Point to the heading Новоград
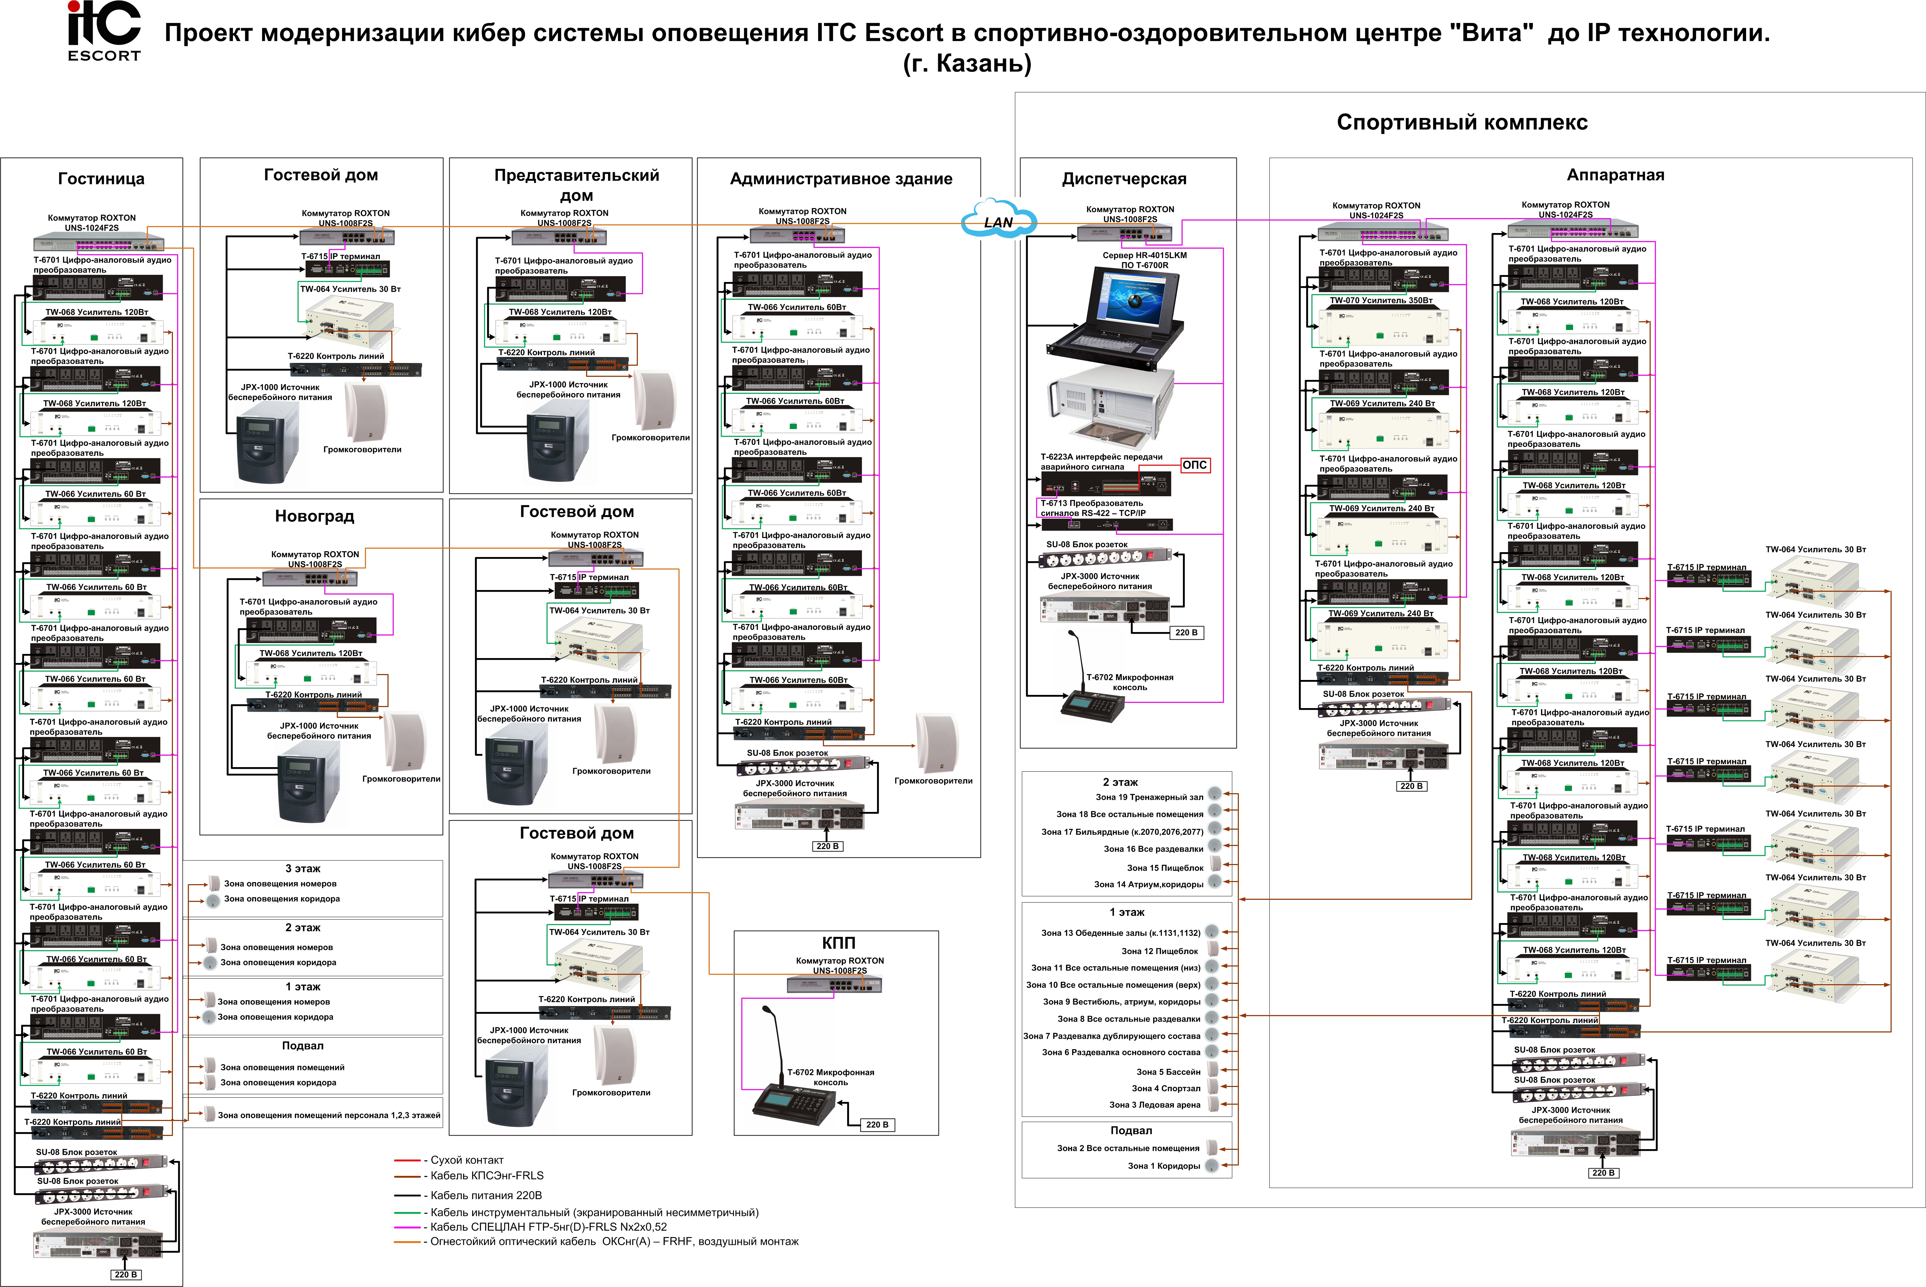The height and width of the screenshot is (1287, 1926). (314, 516)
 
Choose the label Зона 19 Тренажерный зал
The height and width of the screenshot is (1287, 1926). (1149, 797)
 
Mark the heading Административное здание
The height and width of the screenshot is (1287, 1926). (841, 179)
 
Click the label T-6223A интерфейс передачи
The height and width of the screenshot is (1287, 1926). (1101, 456)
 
